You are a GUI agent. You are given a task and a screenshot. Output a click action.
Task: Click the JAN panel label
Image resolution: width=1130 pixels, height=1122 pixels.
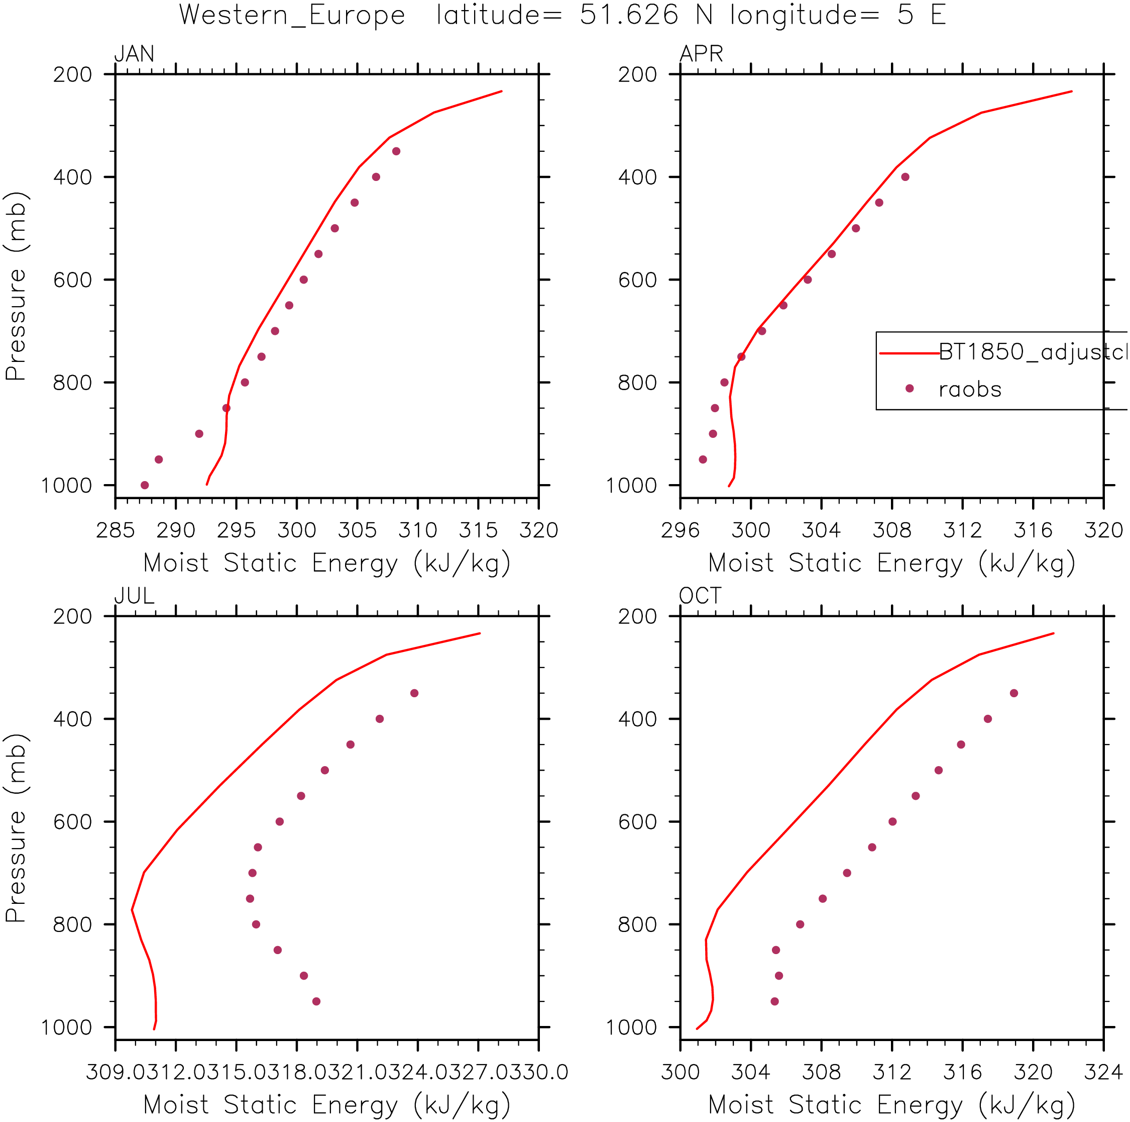click(x=135, y=54)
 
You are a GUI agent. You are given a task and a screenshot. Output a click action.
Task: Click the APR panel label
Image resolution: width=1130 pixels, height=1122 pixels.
click(x=701, y=54)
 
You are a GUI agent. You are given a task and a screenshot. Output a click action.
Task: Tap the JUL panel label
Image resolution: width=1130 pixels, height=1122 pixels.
click(x=135, y=596)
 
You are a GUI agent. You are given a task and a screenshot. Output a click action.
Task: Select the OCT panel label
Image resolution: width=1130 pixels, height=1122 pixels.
click(x=700, y=596)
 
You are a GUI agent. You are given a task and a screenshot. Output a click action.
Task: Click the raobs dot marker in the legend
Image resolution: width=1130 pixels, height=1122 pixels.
click(x=909, y=389)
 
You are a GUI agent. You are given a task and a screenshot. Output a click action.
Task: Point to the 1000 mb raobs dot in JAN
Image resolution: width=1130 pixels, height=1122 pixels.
click(x=145, y=485)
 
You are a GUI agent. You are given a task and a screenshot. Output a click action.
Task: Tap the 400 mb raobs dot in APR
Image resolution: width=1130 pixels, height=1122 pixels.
click(x=905, y=177)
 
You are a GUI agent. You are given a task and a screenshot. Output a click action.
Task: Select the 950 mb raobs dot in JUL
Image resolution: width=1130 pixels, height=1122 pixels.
click(x=316, y=1001)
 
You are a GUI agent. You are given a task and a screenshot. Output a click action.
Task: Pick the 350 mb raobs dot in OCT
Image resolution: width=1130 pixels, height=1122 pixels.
click(x=1013, y=694)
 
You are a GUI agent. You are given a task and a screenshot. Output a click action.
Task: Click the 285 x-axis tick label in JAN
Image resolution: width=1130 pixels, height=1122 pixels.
click(x=115, y=530)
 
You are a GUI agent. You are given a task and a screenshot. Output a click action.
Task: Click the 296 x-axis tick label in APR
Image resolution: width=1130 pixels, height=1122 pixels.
click(x=680, y=530)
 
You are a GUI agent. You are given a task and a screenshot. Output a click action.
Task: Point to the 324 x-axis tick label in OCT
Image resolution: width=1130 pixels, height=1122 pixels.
click(x=1103, y=1072)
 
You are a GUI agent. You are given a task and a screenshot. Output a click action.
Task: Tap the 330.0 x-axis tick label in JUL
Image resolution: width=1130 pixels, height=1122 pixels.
click(x=544, y=1072)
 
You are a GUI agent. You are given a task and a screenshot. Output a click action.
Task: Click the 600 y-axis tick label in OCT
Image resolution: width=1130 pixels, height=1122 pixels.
click(x=637, y=822)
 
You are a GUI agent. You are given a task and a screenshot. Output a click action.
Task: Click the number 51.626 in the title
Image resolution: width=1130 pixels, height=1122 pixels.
click(x=629, y=15)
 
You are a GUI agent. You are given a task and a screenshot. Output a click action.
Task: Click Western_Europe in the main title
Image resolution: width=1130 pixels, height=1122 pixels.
click(x=292, y=15)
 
